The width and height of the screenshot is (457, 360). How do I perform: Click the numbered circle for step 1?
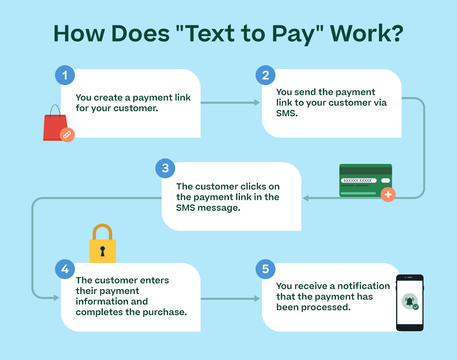pos(65,76)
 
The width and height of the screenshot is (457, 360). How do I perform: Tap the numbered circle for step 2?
pos(265,76)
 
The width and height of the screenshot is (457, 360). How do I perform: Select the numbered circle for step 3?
pos(165,169)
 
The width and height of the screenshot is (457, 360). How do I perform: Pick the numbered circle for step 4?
pos(65,269)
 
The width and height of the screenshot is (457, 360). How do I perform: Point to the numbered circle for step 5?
pos(265,269)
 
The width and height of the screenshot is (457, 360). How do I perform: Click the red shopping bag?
pos(55,126)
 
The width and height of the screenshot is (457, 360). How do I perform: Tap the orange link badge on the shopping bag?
pos(67,134)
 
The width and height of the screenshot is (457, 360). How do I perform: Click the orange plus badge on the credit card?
pos(388,194)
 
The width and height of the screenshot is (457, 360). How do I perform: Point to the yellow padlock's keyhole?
pos(102,251)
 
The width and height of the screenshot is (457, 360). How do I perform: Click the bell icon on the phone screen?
pos(409,301)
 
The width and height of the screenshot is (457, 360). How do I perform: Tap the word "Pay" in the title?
pos(284,34)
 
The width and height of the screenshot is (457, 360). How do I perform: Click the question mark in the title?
pos(394,34)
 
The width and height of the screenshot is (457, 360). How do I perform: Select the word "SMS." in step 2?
pos(287,114)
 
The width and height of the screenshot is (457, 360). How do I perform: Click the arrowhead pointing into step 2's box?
pos(257,102)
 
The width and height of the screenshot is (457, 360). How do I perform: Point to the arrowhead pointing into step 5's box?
pos(257,299)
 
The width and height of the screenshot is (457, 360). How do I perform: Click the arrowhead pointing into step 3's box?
pos(305,198)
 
